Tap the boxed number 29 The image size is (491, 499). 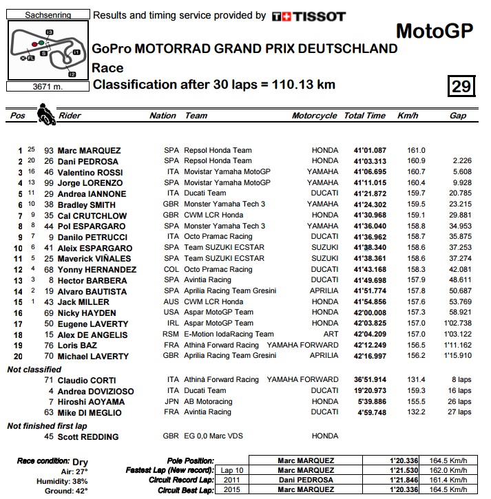(x=461, y=86)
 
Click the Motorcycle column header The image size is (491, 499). (x=315, y=116)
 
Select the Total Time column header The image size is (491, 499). (x=364, y=116)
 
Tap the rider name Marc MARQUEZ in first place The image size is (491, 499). (x=90, y=151)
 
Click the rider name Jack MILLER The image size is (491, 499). (x=84, y=302)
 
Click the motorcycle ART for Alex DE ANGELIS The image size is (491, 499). (x=330, y=335)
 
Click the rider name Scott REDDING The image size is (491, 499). (x=89, y=437)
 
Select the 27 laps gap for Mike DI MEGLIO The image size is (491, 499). (x=458, y=412)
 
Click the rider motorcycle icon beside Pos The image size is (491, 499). (x=45, y=113)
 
